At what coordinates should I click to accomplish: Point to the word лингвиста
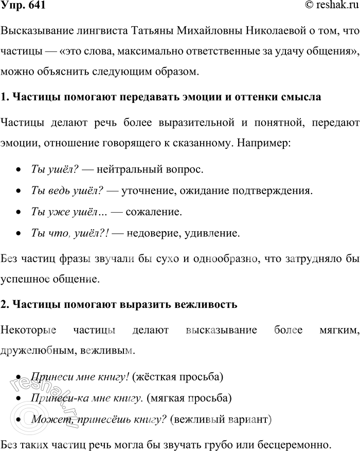(x=91, y=32)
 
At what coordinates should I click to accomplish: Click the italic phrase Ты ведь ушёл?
(x=68, y=190)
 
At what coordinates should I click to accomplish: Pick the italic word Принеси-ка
(x=53, y=398)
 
